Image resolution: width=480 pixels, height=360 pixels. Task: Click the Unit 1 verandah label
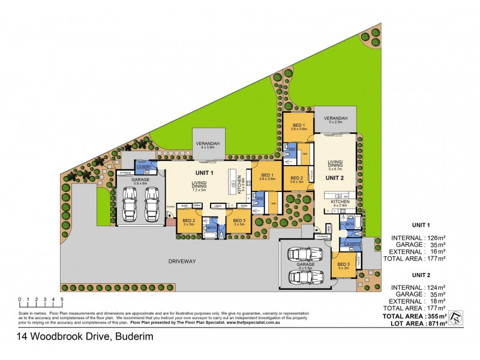(206, 144)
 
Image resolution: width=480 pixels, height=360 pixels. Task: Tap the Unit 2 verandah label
(335, 119)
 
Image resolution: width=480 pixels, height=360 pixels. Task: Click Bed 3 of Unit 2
(343, 266)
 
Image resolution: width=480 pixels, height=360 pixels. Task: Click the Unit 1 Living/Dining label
(199, 186)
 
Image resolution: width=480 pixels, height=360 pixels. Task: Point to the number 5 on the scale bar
(62, 298)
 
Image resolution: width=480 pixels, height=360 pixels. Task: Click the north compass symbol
(457, 317)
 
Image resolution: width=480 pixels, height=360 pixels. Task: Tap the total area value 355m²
(436, 316)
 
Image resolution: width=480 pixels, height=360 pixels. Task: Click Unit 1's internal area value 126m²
(436, 236)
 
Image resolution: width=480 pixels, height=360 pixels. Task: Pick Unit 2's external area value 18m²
(436, 302)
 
